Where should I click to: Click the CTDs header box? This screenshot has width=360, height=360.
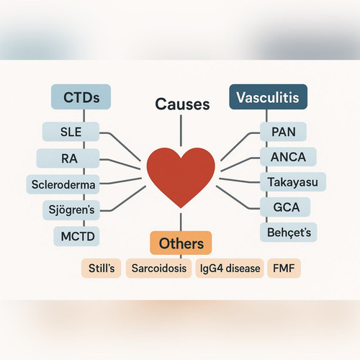(81, 96)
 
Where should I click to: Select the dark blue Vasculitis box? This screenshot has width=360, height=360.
(269, 96)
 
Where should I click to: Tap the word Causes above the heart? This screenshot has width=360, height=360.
(182, 104)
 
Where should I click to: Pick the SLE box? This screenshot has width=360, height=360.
(71, 132)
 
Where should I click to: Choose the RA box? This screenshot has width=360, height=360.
(68, 158)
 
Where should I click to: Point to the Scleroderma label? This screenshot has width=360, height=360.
(63, 184)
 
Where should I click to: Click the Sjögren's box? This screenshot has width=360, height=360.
(71, 210)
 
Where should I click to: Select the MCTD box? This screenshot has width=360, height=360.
(76, 236)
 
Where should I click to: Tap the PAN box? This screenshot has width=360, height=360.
(283, 132)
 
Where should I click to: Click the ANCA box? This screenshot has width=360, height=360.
(288, 157)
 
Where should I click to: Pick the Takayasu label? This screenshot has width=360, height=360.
(293, 181)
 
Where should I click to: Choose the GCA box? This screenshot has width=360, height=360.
(285, 207)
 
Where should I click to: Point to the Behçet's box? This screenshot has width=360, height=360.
(289, 232)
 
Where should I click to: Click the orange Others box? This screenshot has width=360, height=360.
(181, 243)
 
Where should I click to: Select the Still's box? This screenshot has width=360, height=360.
(102, 268)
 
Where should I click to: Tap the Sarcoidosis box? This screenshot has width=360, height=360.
(158, 268)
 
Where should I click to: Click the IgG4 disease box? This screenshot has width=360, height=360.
(230, 268)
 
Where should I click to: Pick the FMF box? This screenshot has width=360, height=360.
(284, 268)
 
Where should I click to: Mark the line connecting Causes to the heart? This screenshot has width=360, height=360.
(181, 130)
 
